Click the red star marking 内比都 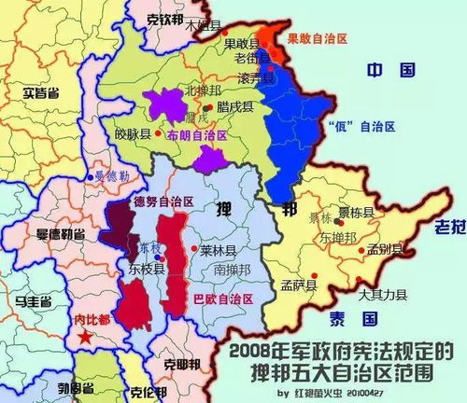click(85, 336)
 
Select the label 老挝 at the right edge click(451, 227)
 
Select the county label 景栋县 click(355, 213)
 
